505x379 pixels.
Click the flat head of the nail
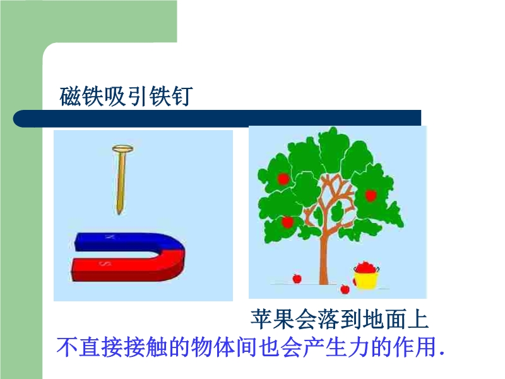[x=122, y=149]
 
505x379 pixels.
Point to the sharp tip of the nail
[x=119, y=214]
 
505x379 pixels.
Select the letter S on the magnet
[x=105, y=264]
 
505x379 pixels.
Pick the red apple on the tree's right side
[x=371, y=195]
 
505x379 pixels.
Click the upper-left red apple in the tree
[x=283, y=179]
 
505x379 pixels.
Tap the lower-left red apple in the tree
[x=287, y=222]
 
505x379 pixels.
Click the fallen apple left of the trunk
[x=297, y=279]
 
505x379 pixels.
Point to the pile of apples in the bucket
[x=366, y=267]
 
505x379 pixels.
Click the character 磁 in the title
[x=70, y=96]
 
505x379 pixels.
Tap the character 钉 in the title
[x=182, y=96]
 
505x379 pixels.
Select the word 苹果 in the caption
[x=273, y=319]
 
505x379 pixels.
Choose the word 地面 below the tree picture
[x=384, y=319]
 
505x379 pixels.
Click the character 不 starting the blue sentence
[x=68, y=347]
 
